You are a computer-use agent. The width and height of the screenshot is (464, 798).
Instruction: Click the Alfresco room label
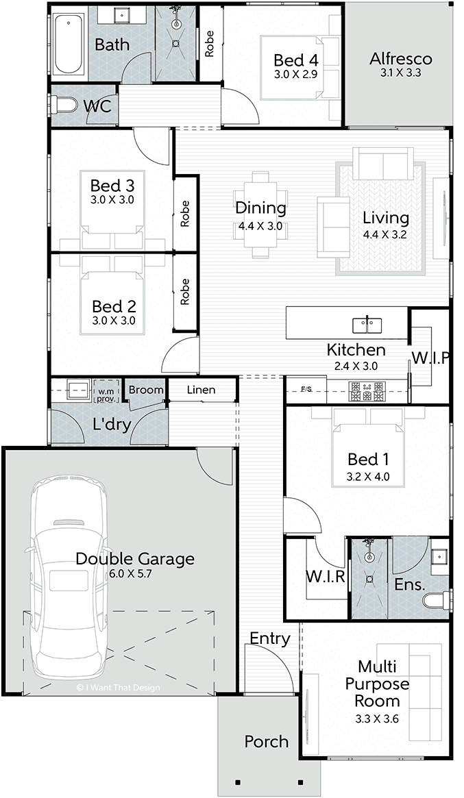point(401,58)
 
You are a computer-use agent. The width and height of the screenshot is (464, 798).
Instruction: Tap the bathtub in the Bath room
point(68,45)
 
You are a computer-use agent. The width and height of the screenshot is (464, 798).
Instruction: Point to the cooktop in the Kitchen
point(367,391)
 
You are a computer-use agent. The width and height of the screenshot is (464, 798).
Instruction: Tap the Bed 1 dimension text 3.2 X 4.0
point(368,477)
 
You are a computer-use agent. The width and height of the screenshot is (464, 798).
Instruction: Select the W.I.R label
point(326,577)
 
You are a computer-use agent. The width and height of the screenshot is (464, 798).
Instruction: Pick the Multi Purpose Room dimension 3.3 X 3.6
point(377,719)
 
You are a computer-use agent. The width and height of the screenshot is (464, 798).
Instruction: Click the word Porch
point(267,742)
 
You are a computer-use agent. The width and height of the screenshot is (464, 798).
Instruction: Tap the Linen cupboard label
point(202,390)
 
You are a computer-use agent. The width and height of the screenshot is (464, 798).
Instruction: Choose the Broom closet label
point(146,390)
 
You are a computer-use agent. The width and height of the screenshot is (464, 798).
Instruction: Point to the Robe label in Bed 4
point(209,44)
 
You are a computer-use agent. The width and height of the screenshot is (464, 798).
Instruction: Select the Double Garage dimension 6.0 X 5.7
point(131,573)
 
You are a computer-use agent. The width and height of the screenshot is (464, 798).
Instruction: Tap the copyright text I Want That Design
point(118,688)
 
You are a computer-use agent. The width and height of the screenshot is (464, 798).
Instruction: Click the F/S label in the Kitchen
point(306,389)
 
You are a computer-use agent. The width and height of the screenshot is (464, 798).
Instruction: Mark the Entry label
point(270,638)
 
